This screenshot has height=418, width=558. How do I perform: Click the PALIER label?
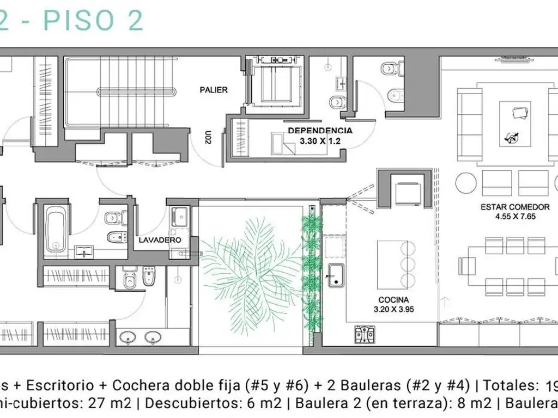[x=214, y=90]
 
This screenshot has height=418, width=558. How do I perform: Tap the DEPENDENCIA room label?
[x=320, y=131]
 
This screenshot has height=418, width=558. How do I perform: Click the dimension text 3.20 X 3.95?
[x=396, y=309]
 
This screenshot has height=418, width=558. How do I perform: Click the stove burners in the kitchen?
[x=365, y=335]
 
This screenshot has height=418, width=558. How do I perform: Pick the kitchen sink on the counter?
[x=335, y=275]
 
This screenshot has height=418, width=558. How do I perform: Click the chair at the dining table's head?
[x=466, y=266]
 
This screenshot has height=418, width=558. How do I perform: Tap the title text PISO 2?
[x=93, y=20]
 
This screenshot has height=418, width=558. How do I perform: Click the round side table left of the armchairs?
[x=466, y=183]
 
